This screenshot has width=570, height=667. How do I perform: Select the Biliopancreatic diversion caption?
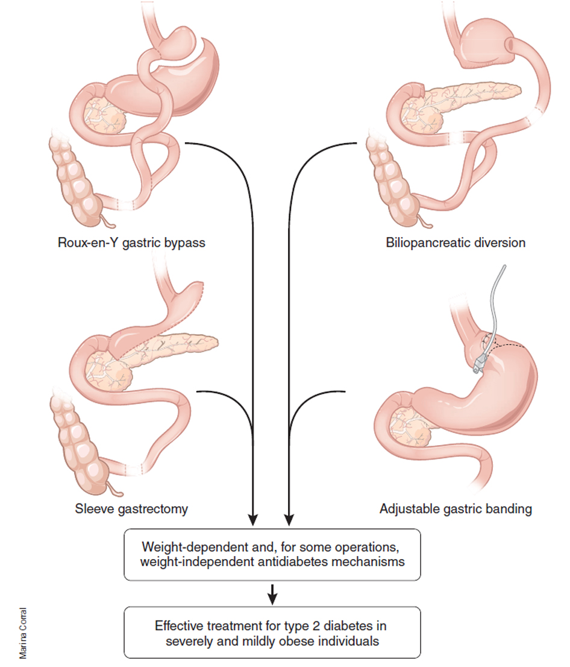point(456,243)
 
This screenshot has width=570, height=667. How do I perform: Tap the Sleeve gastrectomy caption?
point(131,508)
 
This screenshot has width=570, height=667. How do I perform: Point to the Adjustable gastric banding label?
point(456,508)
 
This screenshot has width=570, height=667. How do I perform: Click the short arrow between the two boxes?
point(272,593)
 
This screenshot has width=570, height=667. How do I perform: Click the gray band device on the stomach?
point(481,362)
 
